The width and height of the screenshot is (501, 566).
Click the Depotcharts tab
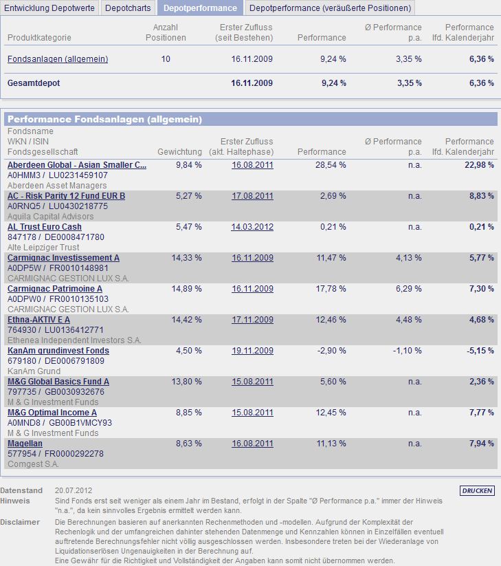(x=128, y=8)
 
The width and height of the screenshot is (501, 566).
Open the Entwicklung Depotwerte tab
(x=49, y=8)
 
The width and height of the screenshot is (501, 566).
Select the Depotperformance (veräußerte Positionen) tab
(x=330, y=8)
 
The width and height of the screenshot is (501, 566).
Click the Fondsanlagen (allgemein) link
(x=58, y=59)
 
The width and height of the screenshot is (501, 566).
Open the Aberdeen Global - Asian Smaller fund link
(x=77, y=165)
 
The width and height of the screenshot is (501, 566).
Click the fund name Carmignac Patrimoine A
(x=55, y=289)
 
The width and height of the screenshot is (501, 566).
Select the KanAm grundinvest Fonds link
(x=58, y=351)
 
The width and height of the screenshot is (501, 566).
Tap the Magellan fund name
(x=25, y=444)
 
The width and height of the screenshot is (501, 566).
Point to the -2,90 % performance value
(x=332, y=351)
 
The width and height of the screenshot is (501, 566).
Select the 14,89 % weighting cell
(x=186, y=289)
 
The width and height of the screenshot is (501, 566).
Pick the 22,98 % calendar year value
(x=479, y=165)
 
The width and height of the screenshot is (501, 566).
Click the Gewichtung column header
(x=179, y=151)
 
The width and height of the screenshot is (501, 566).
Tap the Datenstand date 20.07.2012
(x=73, y=490)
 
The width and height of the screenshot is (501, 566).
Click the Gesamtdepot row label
(x=32, y=83)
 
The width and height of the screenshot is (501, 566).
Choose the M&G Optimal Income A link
(x=52, y=413)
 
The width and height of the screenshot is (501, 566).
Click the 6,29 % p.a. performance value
(x=408, y=289)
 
